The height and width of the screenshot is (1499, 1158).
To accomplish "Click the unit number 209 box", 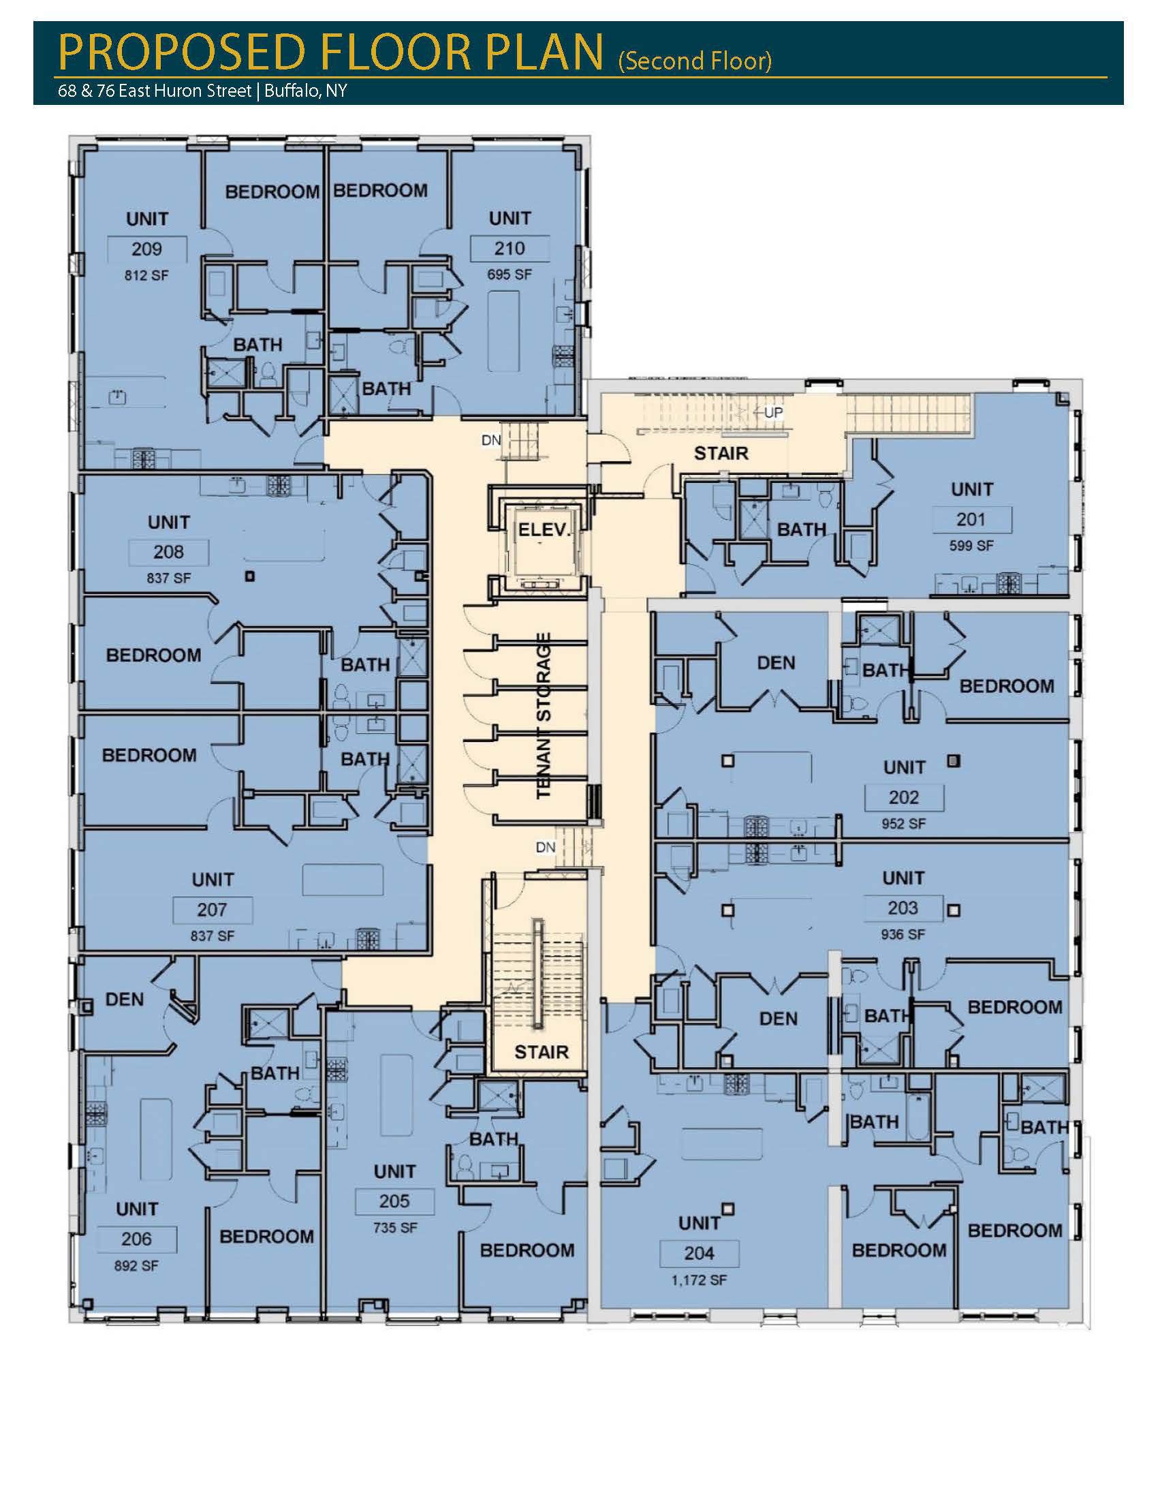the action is pyautogui.click(x=147, y=249).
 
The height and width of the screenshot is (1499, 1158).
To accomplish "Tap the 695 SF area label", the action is pyautogui.click(x=510, y=275).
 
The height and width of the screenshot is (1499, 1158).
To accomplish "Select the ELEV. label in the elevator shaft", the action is pyautogui.click(x=544, y=530).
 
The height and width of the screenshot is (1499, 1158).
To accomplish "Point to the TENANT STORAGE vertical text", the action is pyautogui.click(x=544, y=716).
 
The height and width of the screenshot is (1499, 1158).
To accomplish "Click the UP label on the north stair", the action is pyautogui.click(x=773, y=412).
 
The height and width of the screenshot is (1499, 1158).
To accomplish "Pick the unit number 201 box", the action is pyautogui.click(x=971, y=520).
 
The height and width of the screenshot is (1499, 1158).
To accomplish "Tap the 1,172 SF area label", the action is pyautogui.click(x=699, y=1280).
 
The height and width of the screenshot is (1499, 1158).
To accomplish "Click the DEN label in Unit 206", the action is pyautogui.click(x=125, y=1000).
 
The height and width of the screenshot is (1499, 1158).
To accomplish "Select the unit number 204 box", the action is pyautogui.click(x=699, y=1253).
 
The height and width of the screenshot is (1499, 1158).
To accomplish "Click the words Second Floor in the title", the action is pyautogui.click(x=695, y=61).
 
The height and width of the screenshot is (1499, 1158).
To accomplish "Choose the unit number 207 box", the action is pyautogui.click(x=213, y=910).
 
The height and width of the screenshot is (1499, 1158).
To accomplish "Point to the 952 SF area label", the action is pyautogui.click(x=903, y=824).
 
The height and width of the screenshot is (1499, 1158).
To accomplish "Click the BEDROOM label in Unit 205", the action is pyautogui.click(x=527, y=1250).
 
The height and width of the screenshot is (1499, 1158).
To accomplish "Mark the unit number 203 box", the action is pyautogui.click(x=903, y=908).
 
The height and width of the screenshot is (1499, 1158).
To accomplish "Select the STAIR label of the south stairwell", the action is pyautogui.click(x=542, y=1052).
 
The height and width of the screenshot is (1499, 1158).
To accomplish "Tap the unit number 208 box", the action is pyautogui.click(x=169, y=552).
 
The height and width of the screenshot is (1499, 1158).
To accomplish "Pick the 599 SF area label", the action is pyautogui.click(x=971, y=546).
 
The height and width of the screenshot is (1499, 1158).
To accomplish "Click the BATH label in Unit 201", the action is pyautogui.click(x=801, y=530).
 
